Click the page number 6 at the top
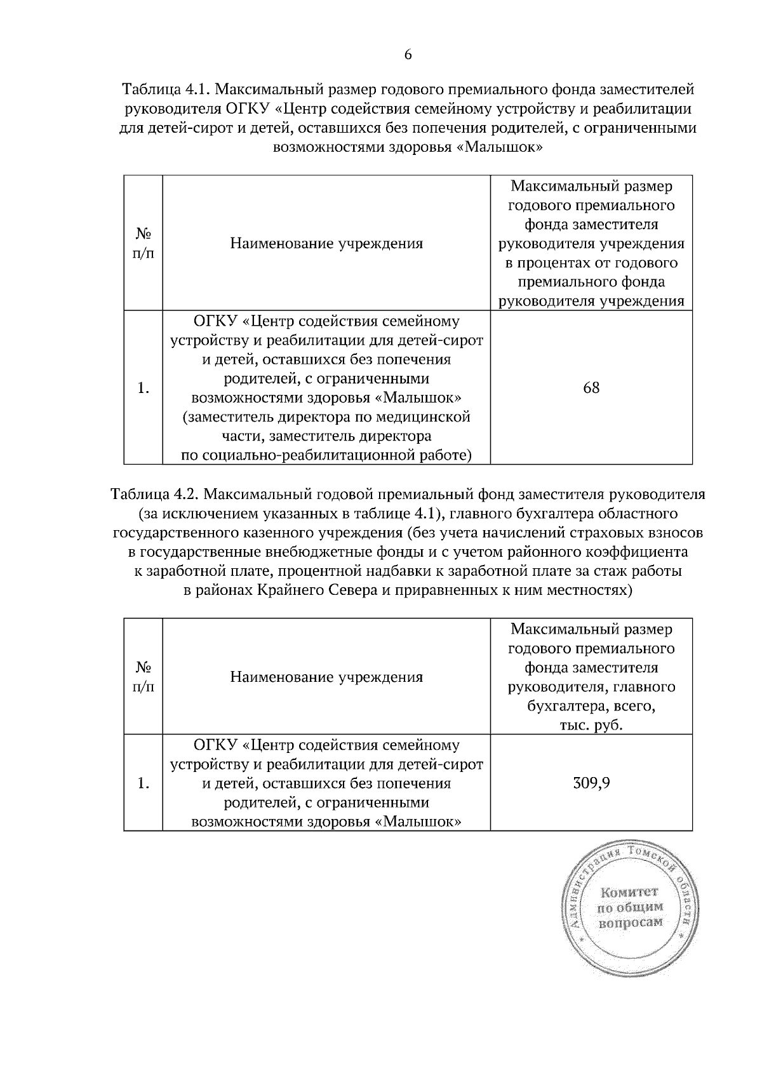click(x=408, y=55)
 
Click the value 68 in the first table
click(x=591, y=388)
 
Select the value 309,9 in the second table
click(x=591, y=783)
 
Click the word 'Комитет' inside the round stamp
click(x=629, y=893)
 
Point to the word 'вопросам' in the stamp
click(x=631, y=922)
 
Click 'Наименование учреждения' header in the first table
click(x=326, y=244)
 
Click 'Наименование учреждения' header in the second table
click(x=326, y=677)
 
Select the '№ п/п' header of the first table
click(x=143, y=244)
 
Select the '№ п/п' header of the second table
click(x=143, y=677)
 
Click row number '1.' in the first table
click(x=143, y=388)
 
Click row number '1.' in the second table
click(x=143, y=783)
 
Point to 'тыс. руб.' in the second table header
click(x=591, y=725)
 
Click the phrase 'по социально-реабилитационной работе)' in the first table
click(x=326, y=455)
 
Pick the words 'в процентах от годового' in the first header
click(x=591, y=263)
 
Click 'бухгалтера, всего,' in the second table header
click(x=591, y=706)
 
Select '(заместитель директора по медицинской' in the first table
click(x=326, y=417)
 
